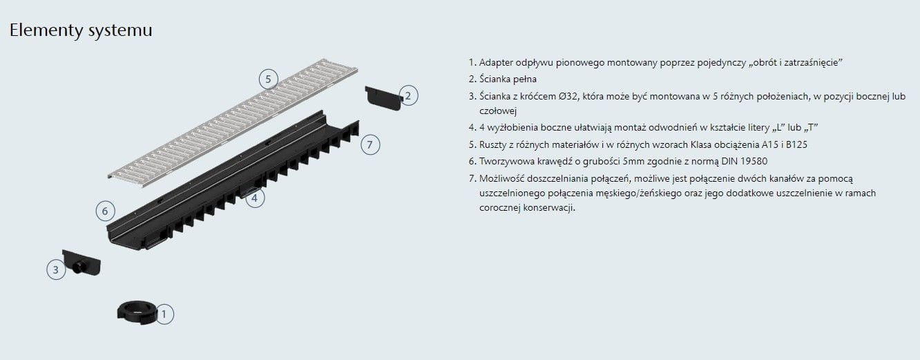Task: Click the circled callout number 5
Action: click(268, 79)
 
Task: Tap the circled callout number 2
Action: click(408, 96)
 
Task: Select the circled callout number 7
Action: click(370, 144)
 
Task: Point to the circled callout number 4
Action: click(255, 198)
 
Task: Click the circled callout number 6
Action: click(105, 211)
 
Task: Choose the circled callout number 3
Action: click(56, 270)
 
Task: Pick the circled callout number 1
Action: click(164, 314)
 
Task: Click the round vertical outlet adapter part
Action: click(137, 312)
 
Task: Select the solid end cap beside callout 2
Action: click(383, 98)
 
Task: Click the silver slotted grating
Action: click(233, 122)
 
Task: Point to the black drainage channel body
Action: click(233, 181)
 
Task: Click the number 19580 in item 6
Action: click(754, 161)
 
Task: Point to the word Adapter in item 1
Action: click(496, 63)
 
